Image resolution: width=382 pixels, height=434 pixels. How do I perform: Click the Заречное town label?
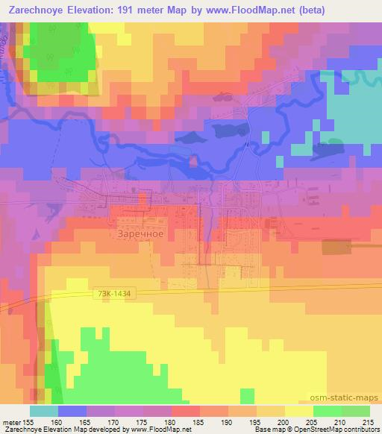click(140, 233)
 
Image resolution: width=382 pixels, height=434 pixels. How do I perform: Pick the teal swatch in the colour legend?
click(44, 412)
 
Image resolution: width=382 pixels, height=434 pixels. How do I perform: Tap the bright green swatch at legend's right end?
click(355, 412)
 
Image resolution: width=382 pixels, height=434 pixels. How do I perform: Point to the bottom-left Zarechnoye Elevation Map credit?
click(67, 430)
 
